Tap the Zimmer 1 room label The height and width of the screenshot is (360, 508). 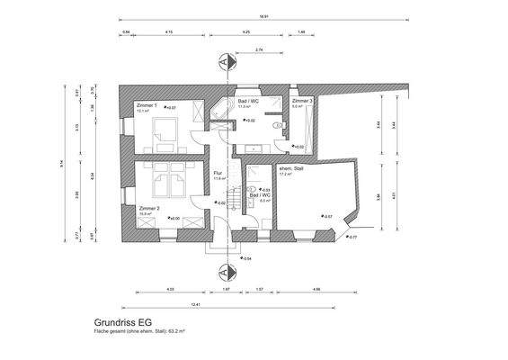tap(147, 106)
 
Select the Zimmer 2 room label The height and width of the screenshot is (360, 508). tap(149, 208)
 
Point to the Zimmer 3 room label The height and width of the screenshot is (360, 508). tap(302, 102)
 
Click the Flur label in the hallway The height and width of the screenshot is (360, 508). tap(218, 173)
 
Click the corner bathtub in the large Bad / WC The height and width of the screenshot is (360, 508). tap(221, 110)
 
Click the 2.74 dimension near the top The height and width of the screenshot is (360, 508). tap(259, 49)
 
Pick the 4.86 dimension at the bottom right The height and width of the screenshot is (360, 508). tap(316, 289)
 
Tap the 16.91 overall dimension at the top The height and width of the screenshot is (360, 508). tap(262, 18)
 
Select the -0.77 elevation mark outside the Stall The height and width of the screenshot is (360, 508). tap(353, 237)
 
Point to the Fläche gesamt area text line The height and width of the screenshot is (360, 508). tap(139, 331)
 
